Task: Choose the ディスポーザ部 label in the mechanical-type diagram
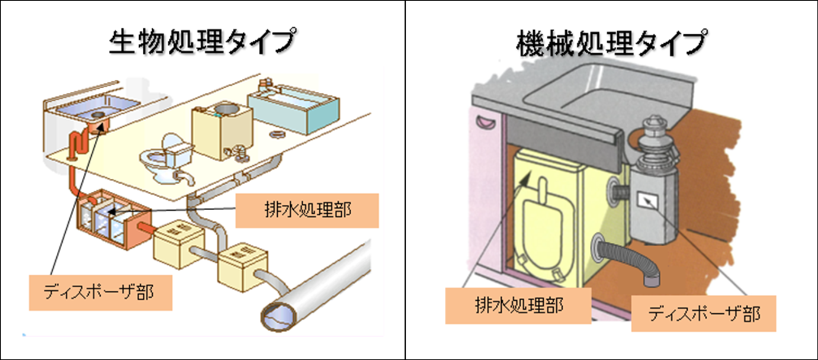click(704, 312)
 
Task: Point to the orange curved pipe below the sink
click(78, 146)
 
